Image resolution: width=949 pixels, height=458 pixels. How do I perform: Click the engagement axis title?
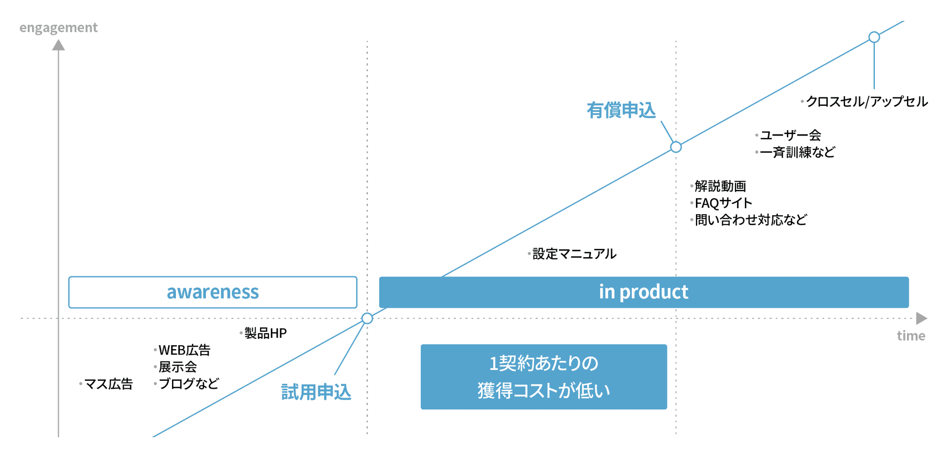58,28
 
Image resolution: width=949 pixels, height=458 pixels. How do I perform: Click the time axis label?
910,336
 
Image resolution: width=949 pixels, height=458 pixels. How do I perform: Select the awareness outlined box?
213,292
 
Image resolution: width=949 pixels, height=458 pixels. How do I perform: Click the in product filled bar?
644,292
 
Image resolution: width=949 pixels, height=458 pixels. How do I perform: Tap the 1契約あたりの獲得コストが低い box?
544,377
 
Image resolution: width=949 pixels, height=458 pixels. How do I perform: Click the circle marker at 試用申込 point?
367,319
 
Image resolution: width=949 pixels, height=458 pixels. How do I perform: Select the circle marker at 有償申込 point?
676,147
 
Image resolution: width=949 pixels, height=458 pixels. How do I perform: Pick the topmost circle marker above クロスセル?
874,37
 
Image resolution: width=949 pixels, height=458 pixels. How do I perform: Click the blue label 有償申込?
621,110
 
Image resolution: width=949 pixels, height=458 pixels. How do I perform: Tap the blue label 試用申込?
316,392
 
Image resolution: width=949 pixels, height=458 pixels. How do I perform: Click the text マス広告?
108,384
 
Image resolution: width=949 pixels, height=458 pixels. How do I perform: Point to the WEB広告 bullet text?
184,350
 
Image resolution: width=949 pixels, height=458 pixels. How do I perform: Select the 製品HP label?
265,333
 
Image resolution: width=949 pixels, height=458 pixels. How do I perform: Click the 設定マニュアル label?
574,254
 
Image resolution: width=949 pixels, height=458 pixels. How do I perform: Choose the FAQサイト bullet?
723,203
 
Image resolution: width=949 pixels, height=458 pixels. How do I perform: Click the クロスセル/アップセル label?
866,102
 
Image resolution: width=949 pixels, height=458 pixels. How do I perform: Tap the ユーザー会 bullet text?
790,135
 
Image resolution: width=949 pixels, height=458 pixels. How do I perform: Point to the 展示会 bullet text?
177,367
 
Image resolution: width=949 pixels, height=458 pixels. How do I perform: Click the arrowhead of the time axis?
921,319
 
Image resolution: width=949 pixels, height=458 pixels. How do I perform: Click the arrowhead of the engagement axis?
58,45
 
